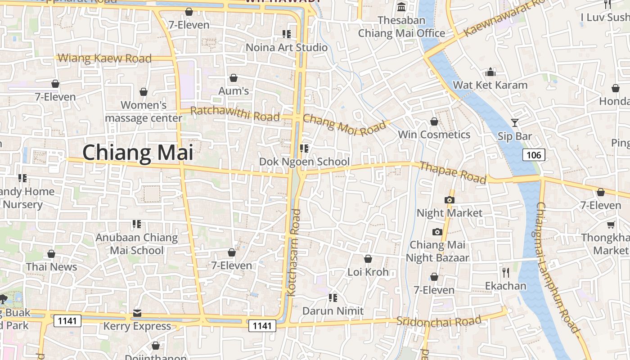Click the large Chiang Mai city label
138,153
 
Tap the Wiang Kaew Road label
105,58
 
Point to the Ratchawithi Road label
235,114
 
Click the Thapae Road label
453,172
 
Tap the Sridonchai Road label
439,321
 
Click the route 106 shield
534,155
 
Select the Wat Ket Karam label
490,85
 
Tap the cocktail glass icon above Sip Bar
515,122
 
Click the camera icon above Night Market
449,200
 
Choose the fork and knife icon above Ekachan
506,272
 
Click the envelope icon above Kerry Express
137,313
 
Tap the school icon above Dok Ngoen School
304,148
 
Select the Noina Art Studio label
287,47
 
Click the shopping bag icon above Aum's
234,78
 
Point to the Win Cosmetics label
434,135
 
